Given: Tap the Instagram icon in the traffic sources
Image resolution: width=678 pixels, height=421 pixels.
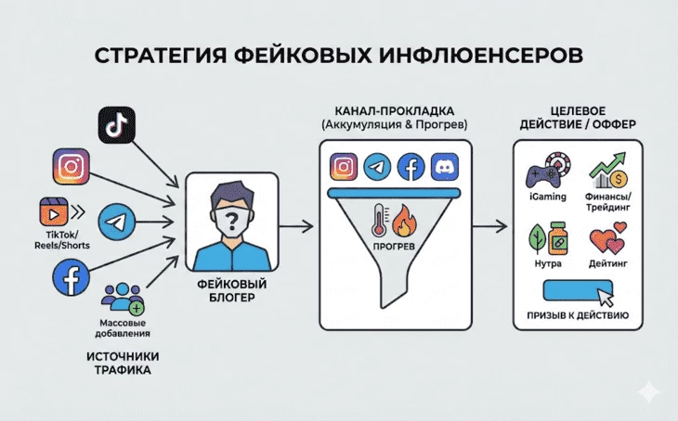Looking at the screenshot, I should (71, 168).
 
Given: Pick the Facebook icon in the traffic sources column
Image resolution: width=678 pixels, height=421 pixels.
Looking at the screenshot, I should (71, 275).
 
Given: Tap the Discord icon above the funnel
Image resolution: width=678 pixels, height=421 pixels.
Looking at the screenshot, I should (446, 167).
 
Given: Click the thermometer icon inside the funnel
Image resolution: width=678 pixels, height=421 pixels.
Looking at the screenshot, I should (379, 219).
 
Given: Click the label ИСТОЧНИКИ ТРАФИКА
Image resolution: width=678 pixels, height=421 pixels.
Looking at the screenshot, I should (125, 363).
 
